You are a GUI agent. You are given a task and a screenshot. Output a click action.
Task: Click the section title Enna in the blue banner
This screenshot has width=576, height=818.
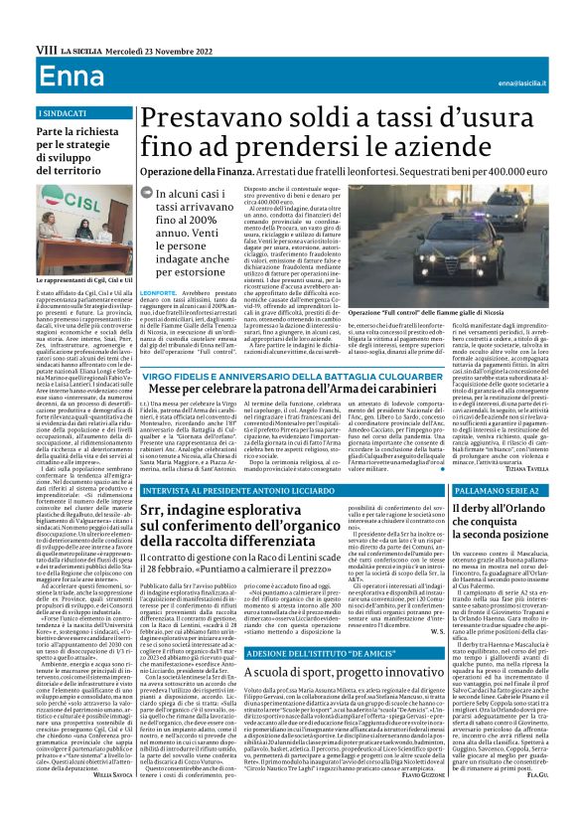coord(41,76)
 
